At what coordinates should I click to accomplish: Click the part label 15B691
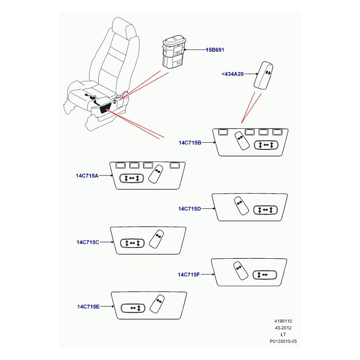tap(215, 50)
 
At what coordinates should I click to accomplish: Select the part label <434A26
tap(233, 74)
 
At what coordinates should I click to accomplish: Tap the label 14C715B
tap(190, 143)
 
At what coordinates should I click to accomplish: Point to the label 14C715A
tap(87, 175)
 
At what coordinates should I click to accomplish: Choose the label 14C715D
tap(189, 209)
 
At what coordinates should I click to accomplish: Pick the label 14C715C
tap(88, 242)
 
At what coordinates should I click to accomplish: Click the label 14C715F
tap(189, 274)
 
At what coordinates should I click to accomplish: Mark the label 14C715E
tap(88, 307)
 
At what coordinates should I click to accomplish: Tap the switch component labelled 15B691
tap(174, 52)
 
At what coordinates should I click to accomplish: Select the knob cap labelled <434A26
tap(264, 75)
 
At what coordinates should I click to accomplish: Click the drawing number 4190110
tap(283, 321)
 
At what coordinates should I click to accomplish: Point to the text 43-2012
tap(283, 328)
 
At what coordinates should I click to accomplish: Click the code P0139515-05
tap(283, 342)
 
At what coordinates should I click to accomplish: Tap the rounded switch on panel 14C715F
tap(265, 275)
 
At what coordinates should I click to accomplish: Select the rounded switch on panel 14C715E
tap(133, 308)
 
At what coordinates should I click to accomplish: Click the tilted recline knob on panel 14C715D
tap(241, 206)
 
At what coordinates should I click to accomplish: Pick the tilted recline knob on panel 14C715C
tap(156, 239)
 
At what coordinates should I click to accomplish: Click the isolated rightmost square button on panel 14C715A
tap(175, 165)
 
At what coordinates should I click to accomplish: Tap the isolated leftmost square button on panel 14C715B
tap(223, 132)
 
